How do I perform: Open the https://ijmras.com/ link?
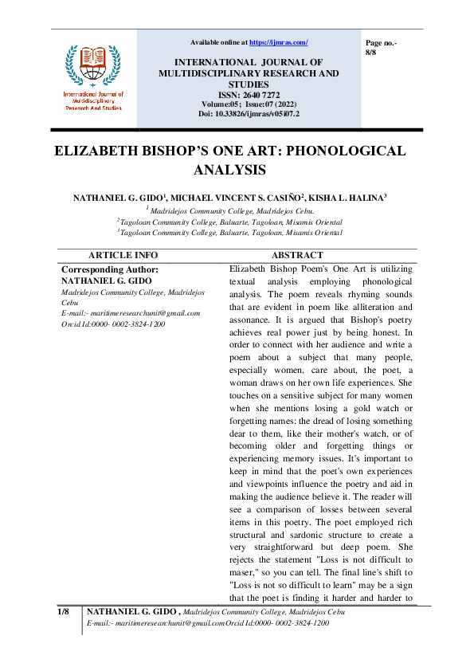click(x=278, y=42)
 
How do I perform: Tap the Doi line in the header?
click(x=249, y=114)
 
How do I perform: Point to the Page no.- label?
click(x=381, y=41)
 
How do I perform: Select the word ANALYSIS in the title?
click(x=229, y=170)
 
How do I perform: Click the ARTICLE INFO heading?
click(x=123, y=255)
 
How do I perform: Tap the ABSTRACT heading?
click(x=297, y=255)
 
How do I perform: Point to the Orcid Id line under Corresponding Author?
click(x=113, y=324)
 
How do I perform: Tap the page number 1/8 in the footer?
click(x=64, y=611)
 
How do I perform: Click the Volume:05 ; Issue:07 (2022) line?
click(x=249, y=104)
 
